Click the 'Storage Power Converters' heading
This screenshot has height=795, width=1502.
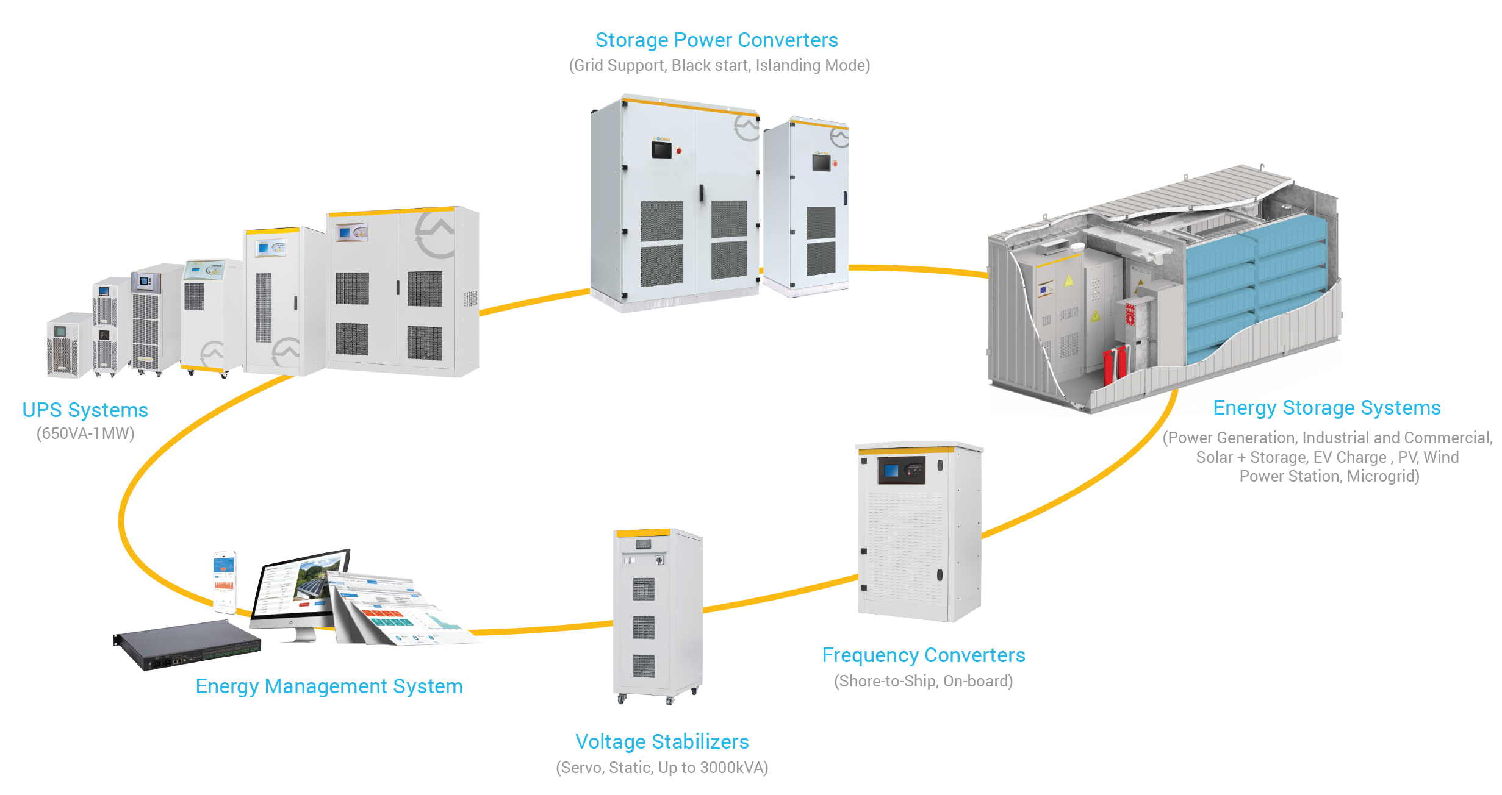pyautogui.click(x=716, y=40)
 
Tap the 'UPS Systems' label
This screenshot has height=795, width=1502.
pyautogui.click(x=85, y=410)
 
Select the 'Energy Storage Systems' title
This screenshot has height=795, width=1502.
pyautogui.click(x=1326, y=408)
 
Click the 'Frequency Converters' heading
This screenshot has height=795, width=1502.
pyautogui.click(x=923, y=655)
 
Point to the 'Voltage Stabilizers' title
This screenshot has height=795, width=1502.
pyautogui.click(x=662, y=742)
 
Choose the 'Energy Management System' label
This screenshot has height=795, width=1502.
pyautogui.click(x=329, y=686)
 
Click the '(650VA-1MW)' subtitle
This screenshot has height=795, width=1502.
pyautogui.click(x=85, y=434)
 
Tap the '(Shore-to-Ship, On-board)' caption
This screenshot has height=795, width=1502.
pyautogui.click(x=923, y=681)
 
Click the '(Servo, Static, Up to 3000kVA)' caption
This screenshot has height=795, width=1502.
pyautogui.click(x=662, y=768)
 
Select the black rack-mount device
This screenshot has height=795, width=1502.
pyautogui.click(x=186, y=644)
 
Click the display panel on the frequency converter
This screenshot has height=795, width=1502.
pyautogui.click(x=901, y=471)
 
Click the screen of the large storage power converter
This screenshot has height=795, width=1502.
pyautogui.click(x=661, y=149)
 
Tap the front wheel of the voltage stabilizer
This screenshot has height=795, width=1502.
pyautogui.click(x=621, y=699)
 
